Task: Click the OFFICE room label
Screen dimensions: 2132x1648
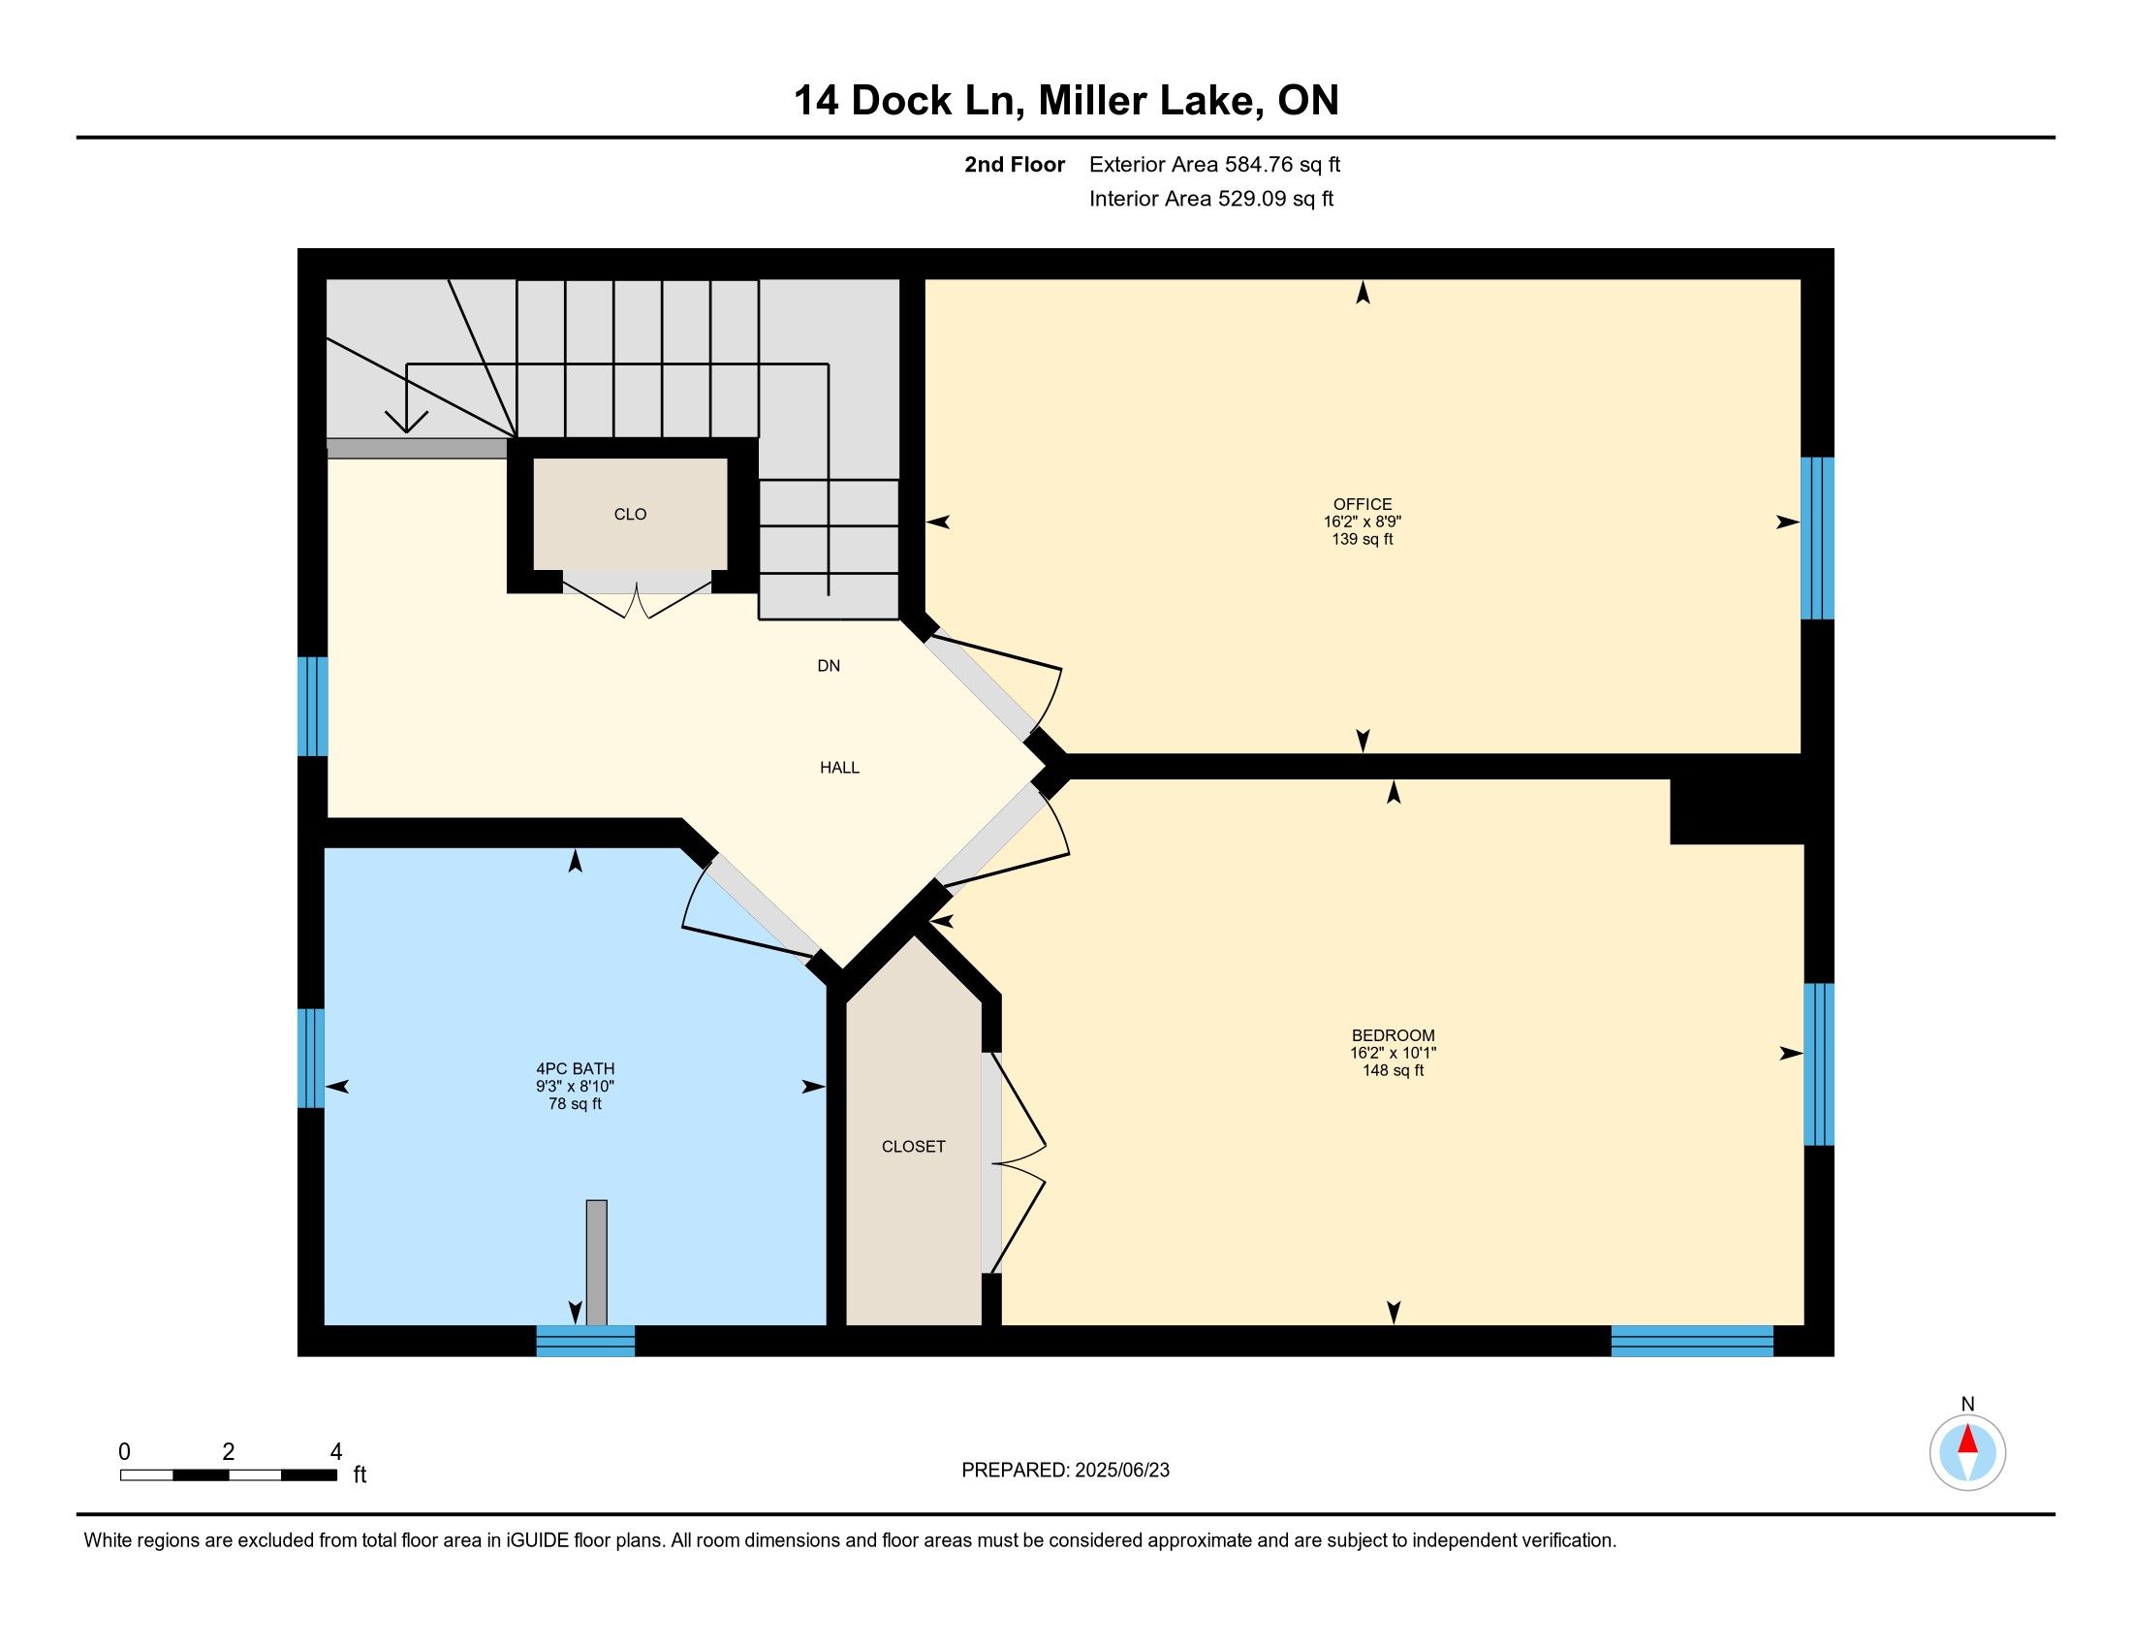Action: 1363,504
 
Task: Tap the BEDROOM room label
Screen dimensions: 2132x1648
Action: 1393,1035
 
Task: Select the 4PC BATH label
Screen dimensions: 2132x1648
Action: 575,1068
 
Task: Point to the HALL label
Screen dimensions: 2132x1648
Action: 839,768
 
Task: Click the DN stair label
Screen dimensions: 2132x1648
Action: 829,666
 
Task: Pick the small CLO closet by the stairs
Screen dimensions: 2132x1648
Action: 630,515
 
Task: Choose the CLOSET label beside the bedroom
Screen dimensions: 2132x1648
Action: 914,1146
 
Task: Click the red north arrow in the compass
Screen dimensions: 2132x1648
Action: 1968,1440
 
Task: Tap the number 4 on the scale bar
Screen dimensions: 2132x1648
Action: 336,1452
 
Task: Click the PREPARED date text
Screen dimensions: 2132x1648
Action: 1065,1471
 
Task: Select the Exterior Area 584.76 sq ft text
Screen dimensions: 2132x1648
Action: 1214,164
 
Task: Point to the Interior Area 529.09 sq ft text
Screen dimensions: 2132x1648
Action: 1211,198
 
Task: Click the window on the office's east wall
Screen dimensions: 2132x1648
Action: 1817,538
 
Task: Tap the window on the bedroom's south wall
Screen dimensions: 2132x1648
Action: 1692,1341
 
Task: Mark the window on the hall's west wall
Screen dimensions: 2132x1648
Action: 312,706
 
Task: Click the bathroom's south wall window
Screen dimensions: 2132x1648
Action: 585,1341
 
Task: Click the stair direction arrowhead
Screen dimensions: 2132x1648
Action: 407,421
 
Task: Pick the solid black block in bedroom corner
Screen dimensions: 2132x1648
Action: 1737,811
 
